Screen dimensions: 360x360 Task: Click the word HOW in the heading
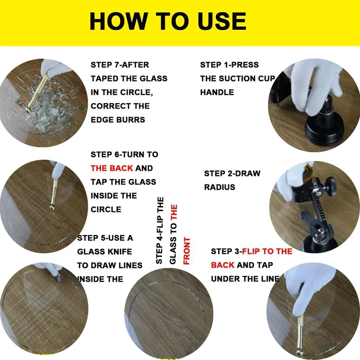pos(118,21)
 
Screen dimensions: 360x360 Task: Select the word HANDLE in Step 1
pos(217,92)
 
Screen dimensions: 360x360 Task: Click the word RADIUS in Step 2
pos(220,187)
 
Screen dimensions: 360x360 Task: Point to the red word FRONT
pos(187,251)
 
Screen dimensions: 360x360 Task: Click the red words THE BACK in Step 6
pos(112,168)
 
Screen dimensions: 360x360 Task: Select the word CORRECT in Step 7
pos(108,106)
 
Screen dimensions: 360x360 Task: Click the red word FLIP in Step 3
pos(251,252)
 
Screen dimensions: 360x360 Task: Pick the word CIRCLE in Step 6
pos(106,209)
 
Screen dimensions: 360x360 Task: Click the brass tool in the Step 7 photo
pos(37,92)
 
